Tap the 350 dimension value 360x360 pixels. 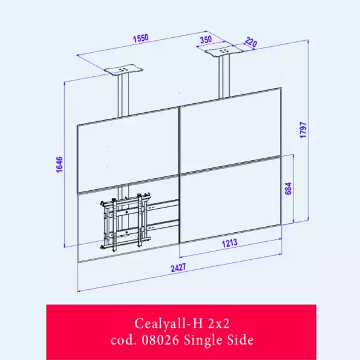pos(206,40)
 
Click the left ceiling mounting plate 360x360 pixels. pos(124,71)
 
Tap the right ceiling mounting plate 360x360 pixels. pos(223,52)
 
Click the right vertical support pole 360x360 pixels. pos(223,78)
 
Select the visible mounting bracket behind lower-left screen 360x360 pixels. pos(127,221)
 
